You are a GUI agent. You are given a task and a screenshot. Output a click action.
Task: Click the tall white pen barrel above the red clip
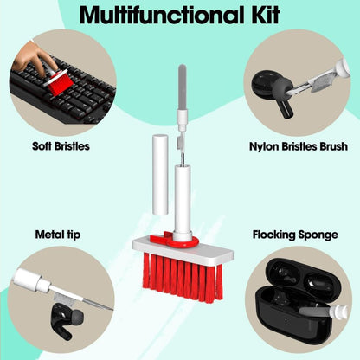[182, 199]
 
